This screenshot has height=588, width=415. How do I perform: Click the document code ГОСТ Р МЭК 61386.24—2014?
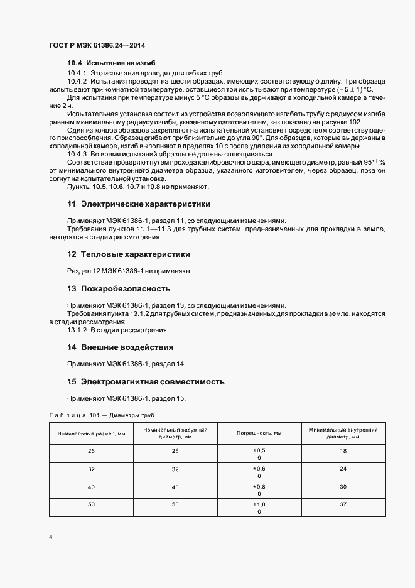click(x=97, y=45)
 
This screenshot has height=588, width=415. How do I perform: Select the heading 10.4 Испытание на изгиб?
click(x=111, y=64)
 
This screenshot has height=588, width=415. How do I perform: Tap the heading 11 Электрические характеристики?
click(x=139, y=204)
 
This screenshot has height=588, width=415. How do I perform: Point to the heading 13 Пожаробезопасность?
click(x=119, y=289)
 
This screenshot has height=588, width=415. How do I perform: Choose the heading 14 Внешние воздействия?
click(x=120, y=347)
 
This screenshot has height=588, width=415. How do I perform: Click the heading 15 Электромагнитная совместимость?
click(x=146, y=382)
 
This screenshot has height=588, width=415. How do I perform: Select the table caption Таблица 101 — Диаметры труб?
click(x=101, y=415)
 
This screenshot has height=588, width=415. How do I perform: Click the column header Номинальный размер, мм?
click(x=91, y=433)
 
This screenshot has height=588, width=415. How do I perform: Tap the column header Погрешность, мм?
click(x=259, y=433)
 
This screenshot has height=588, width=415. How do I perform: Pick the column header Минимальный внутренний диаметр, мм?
click(x=343, y=433)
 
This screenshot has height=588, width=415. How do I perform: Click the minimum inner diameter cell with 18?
click(x=343, y=451)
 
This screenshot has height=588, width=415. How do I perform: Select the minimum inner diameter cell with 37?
click(x=343, y=505)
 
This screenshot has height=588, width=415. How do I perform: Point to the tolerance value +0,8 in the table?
click(x=259, y=486)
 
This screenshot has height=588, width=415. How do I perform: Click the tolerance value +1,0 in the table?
click(x=259, y=504)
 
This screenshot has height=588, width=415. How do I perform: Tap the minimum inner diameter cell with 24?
click(x=343, y=469)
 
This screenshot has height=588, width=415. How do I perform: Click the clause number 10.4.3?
click(x=77, y=155)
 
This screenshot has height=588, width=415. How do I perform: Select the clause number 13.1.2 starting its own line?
click(x=77, y=330)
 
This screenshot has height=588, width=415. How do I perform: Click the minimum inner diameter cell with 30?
click(x=343, y=487)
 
